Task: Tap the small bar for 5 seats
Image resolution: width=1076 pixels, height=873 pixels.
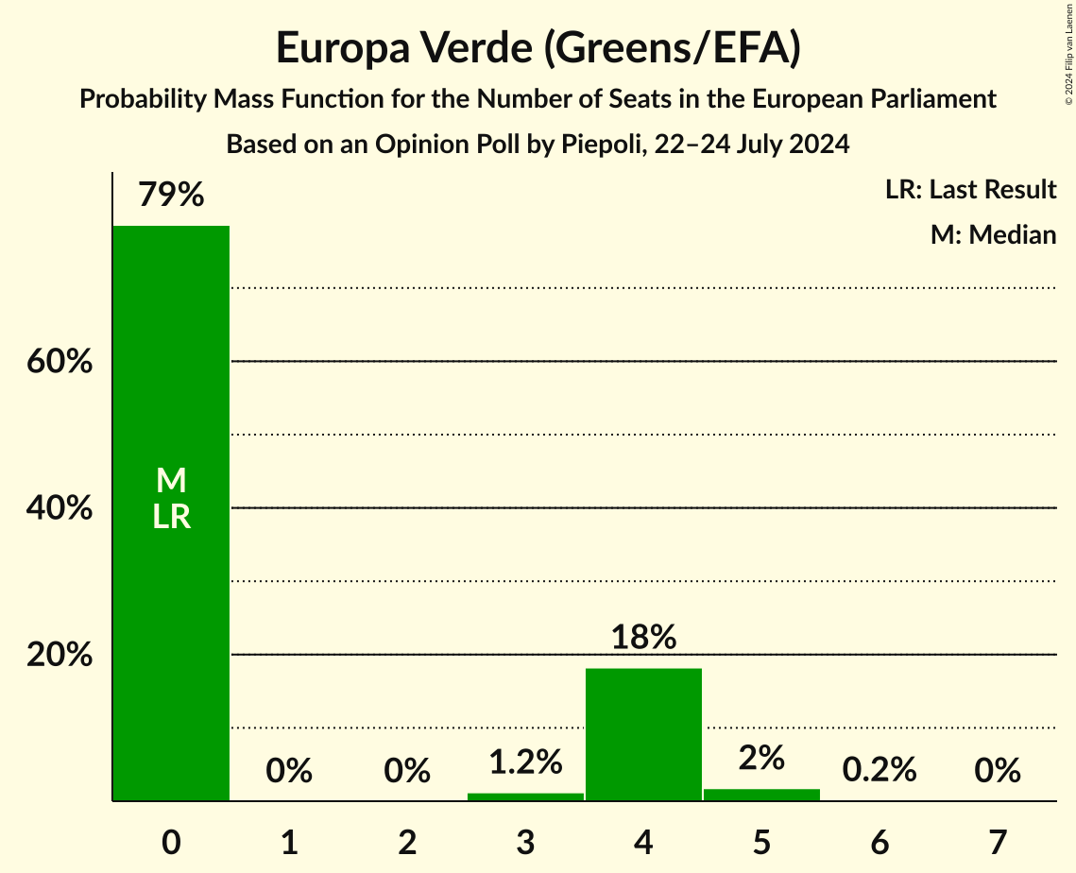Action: (x=761, y=795)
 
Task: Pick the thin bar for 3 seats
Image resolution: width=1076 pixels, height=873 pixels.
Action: (x=525, y=796)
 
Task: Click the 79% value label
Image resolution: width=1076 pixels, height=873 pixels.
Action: (x=171, y=195)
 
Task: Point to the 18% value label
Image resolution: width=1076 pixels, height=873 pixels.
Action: (x=643, y=638)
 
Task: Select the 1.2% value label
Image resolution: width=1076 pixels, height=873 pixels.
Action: (x=525, y=762)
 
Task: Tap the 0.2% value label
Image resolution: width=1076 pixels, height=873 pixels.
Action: (x=880, y=770)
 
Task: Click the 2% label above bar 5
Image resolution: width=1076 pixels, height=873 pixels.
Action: (x=761, y=758)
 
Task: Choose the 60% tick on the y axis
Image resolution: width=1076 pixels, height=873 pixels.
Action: (x=60, y=362)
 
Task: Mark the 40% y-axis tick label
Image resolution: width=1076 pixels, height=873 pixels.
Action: (x=60, y=508)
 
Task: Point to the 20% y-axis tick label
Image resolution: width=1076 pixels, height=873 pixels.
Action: (x=60, y=655)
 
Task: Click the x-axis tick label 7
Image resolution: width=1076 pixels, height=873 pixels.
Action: (x=998, y=842)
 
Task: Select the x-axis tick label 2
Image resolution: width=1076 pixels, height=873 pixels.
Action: (x=407, y=842)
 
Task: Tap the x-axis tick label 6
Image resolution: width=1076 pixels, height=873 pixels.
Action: (x=880, y=842)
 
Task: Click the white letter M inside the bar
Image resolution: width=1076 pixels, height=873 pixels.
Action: (x=171, y=481)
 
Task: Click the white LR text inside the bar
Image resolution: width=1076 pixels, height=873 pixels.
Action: (x=171, y=517)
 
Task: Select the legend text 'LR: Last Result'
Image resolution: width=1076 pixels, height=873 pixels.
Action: (x=970, y=190)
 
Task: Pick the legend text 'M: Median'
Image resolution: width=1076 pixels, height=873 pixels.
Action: (x=993, y=234)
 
